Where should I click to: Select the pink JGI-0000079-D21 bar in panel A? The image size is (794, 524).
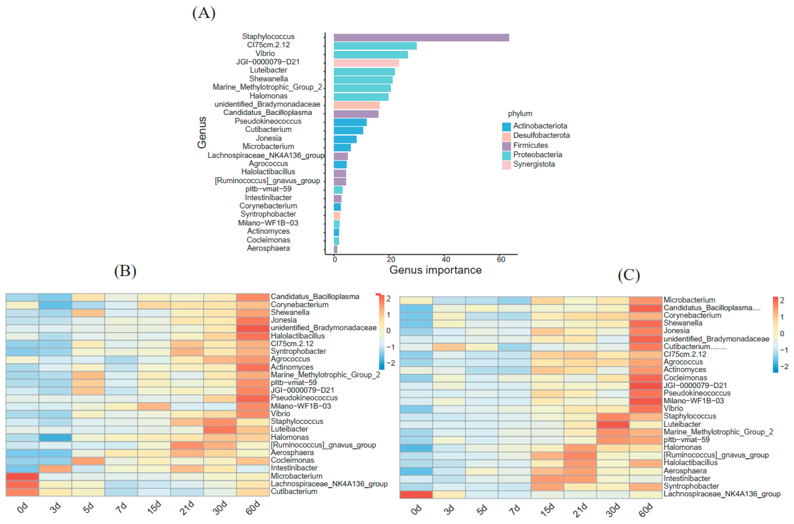(x=366, y=63)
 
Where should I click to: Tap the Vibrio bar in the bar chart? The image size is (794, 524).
(x=370, y=55)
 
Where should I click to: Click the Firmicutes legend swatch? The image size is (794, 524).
(x=506, y=146)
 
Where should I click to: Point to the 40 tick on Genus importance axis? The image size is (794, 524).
(x=446, y=259)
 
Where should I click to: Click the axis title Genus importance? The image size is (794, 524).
(x=435, y=270)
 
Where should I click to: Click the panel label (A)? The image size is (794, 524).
(x=204, y=13)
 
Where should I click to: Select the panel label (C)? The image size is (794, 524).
(x=629, y=275)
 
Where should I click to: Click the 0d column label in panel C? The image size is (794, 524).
(x=416, y=509)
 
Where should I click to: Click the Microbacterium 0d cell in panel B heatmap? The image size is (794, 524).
(x=22, y=476)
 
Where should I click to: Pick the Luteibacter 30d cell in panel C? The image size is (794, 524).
(x=613, y=424)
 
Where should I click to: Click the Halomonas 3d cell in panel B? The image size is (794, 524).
(x=55, y=437)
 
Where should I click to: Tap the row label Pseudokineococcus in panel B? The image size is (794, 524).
(x=304, y=398)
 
